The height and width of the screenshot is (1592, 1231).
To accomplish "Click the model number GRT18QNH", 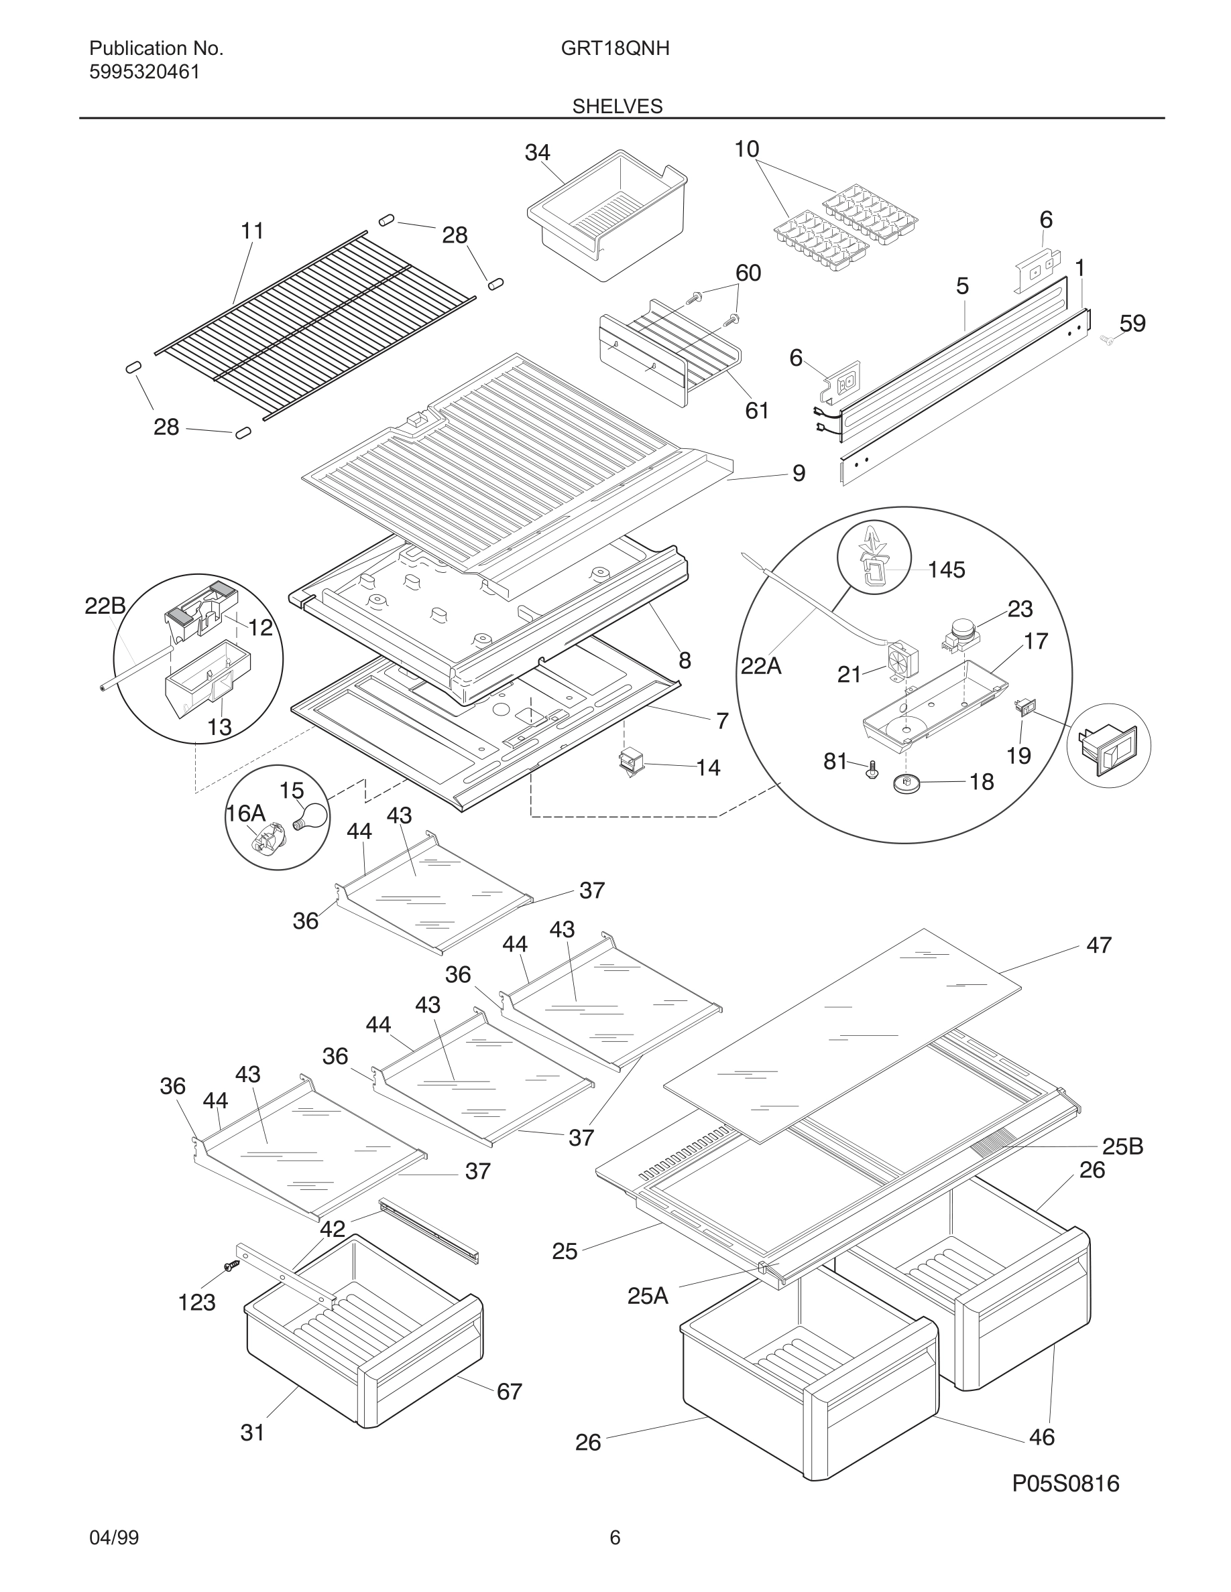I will pyautogui.click(x=615, y=49).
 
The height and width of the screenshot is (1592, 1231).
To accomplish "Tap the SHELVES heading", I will pyautogui.click(x=617, y=107).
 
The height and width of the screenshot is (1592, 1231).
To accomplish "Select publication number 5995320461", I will pyautogui.click(x=144, y=72).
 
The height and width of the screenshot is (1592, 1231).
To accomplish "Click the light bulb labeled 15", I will pyautogui.click(x=308, y=815).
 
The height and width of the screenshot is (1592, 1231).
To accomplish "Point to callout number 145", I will pyautogui.click(x=946, y=570).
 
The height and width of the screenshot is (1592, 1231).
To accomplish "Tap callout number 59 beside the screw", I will pyautogui.click(x=1132, y=323).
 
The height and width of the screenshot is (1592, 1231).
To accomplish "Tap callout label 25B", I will pyautogui.click(x=1122, y=1146).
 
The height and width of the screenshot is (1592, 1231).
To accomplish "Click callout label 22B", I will pyautogui.click(x=105, y=606).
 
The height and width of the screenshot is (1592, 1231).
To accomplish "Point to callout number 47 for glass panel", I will pyautogui.click(x=1098, y=945).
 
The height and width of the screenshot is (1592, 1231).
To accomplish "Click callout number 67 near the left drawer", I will pyautogui.click(x=509, y=1392).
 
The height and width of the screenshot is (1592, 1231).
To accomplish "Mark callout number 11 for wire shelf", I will pyautogui.click(x=251, y=231).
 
